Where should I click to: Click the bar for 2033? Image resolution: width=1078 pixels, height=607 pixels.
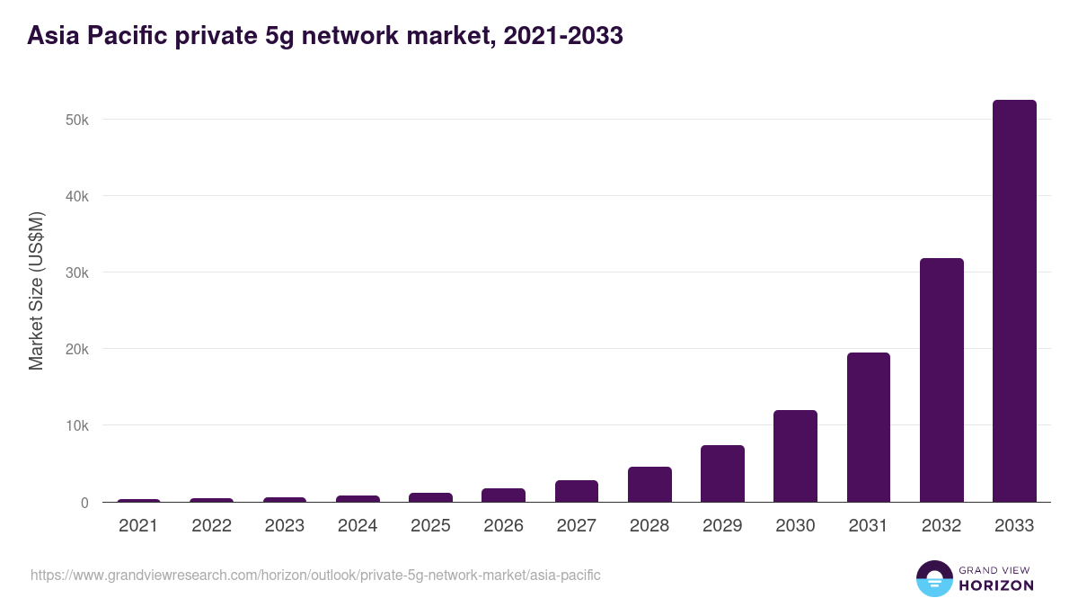click(1014, 301)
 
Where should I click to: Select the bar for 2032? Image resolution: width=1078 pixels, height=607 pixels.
click(941, 380)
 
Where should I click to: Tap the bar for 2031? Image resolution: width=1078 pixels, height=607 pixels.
click(869, 427)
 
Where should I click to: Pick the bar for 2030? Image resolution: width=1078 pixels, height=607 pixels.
click(795, 456)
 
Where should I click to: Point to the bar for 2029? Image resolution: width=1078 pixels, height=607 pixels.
click(722, 474)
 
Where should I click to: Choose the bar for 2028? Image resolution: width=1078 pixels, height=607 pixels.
click(649, 485)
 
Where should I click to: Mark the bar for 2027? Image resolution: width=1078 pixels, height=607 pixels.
click(577, 491)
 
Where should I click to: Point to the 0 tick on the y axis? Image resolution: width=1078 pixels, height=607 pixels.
click(84, 503)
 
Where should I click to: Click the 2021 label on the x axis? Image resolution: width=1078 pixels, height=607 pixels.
click(138, 526)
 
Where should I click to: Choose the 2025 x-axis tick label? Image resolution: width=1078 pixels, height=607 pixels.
click(430, 526)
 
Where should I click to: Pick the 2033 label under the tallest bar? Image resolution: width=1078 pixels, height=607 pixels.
click(1014, 526)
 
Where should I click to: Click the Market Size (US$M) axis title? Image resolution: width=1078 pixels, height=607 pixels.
click(36, 290)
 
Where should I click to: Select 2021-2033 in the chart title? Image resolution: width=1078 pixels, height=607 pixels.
click(563, 36)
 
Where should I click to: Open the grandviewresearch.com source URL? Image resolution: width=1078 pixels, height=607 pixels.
click(315, 575)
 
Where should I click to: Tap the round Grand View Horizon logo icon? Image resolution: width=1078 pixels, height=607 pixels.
click(934, 578)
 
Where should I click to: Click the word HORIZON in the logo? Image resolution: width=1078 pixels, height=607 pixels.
click(996, 585)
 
